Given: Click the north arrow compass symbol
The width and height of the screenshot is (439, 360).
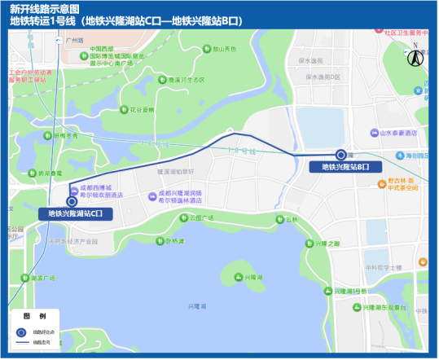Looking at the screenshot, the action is (414, 57).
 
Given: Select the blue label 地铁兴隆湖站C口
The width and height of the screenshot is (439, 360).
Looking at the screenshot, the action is (76, 213).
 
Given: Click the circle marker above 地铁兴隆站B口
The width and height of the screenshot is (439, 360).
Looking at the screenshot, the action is (340, 155).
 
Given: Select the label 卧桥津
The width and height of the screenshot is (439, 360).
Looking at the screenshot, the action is (174, 240).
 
